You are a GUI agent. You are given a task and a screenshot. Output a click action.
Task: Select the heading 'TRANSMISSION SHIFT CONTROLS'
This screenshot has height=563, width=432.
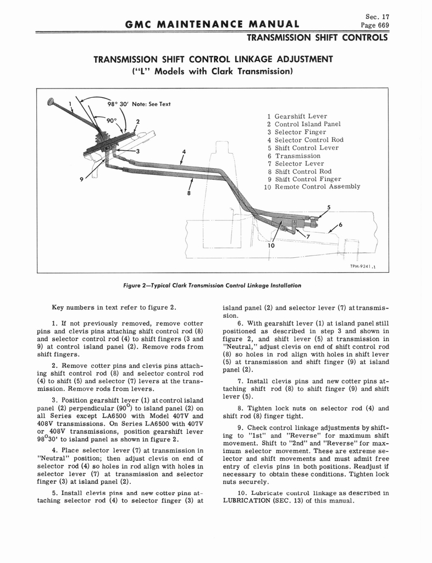[317, 38]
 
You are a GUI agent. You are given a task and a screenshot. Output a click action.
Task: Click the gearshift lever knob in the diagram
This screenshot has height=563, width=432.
[51, 101]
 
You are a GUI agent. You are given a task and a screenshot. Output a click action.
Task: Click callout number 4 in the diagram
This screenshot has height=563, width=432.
[184, 151]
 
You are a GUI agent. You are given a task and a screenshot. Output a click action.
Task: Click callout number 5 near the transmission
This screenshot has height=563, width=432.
[328, 207]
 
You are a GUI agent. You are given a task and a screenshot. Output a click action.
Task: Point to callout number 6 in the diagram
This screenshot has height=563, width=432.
[341, 225]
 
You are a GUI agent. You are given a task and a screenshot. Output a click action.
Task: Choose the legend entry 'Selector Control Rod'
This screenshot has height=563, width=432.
[309, 140]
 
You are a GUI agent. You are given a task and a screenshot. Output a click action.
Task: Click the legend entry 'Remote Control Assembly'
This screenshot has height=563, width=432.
[317, 187]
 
